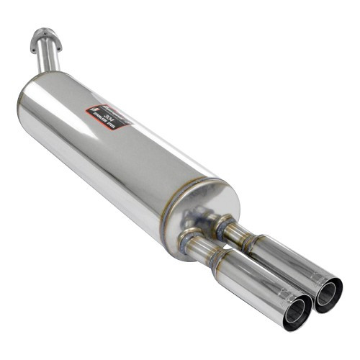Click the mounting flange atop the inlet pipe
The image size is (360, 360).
[x=46, y=35]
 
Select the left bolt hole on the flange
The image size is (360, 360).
[x=35, y=37]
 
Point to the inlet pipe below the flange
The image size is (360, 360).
[x=50, y=58]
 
